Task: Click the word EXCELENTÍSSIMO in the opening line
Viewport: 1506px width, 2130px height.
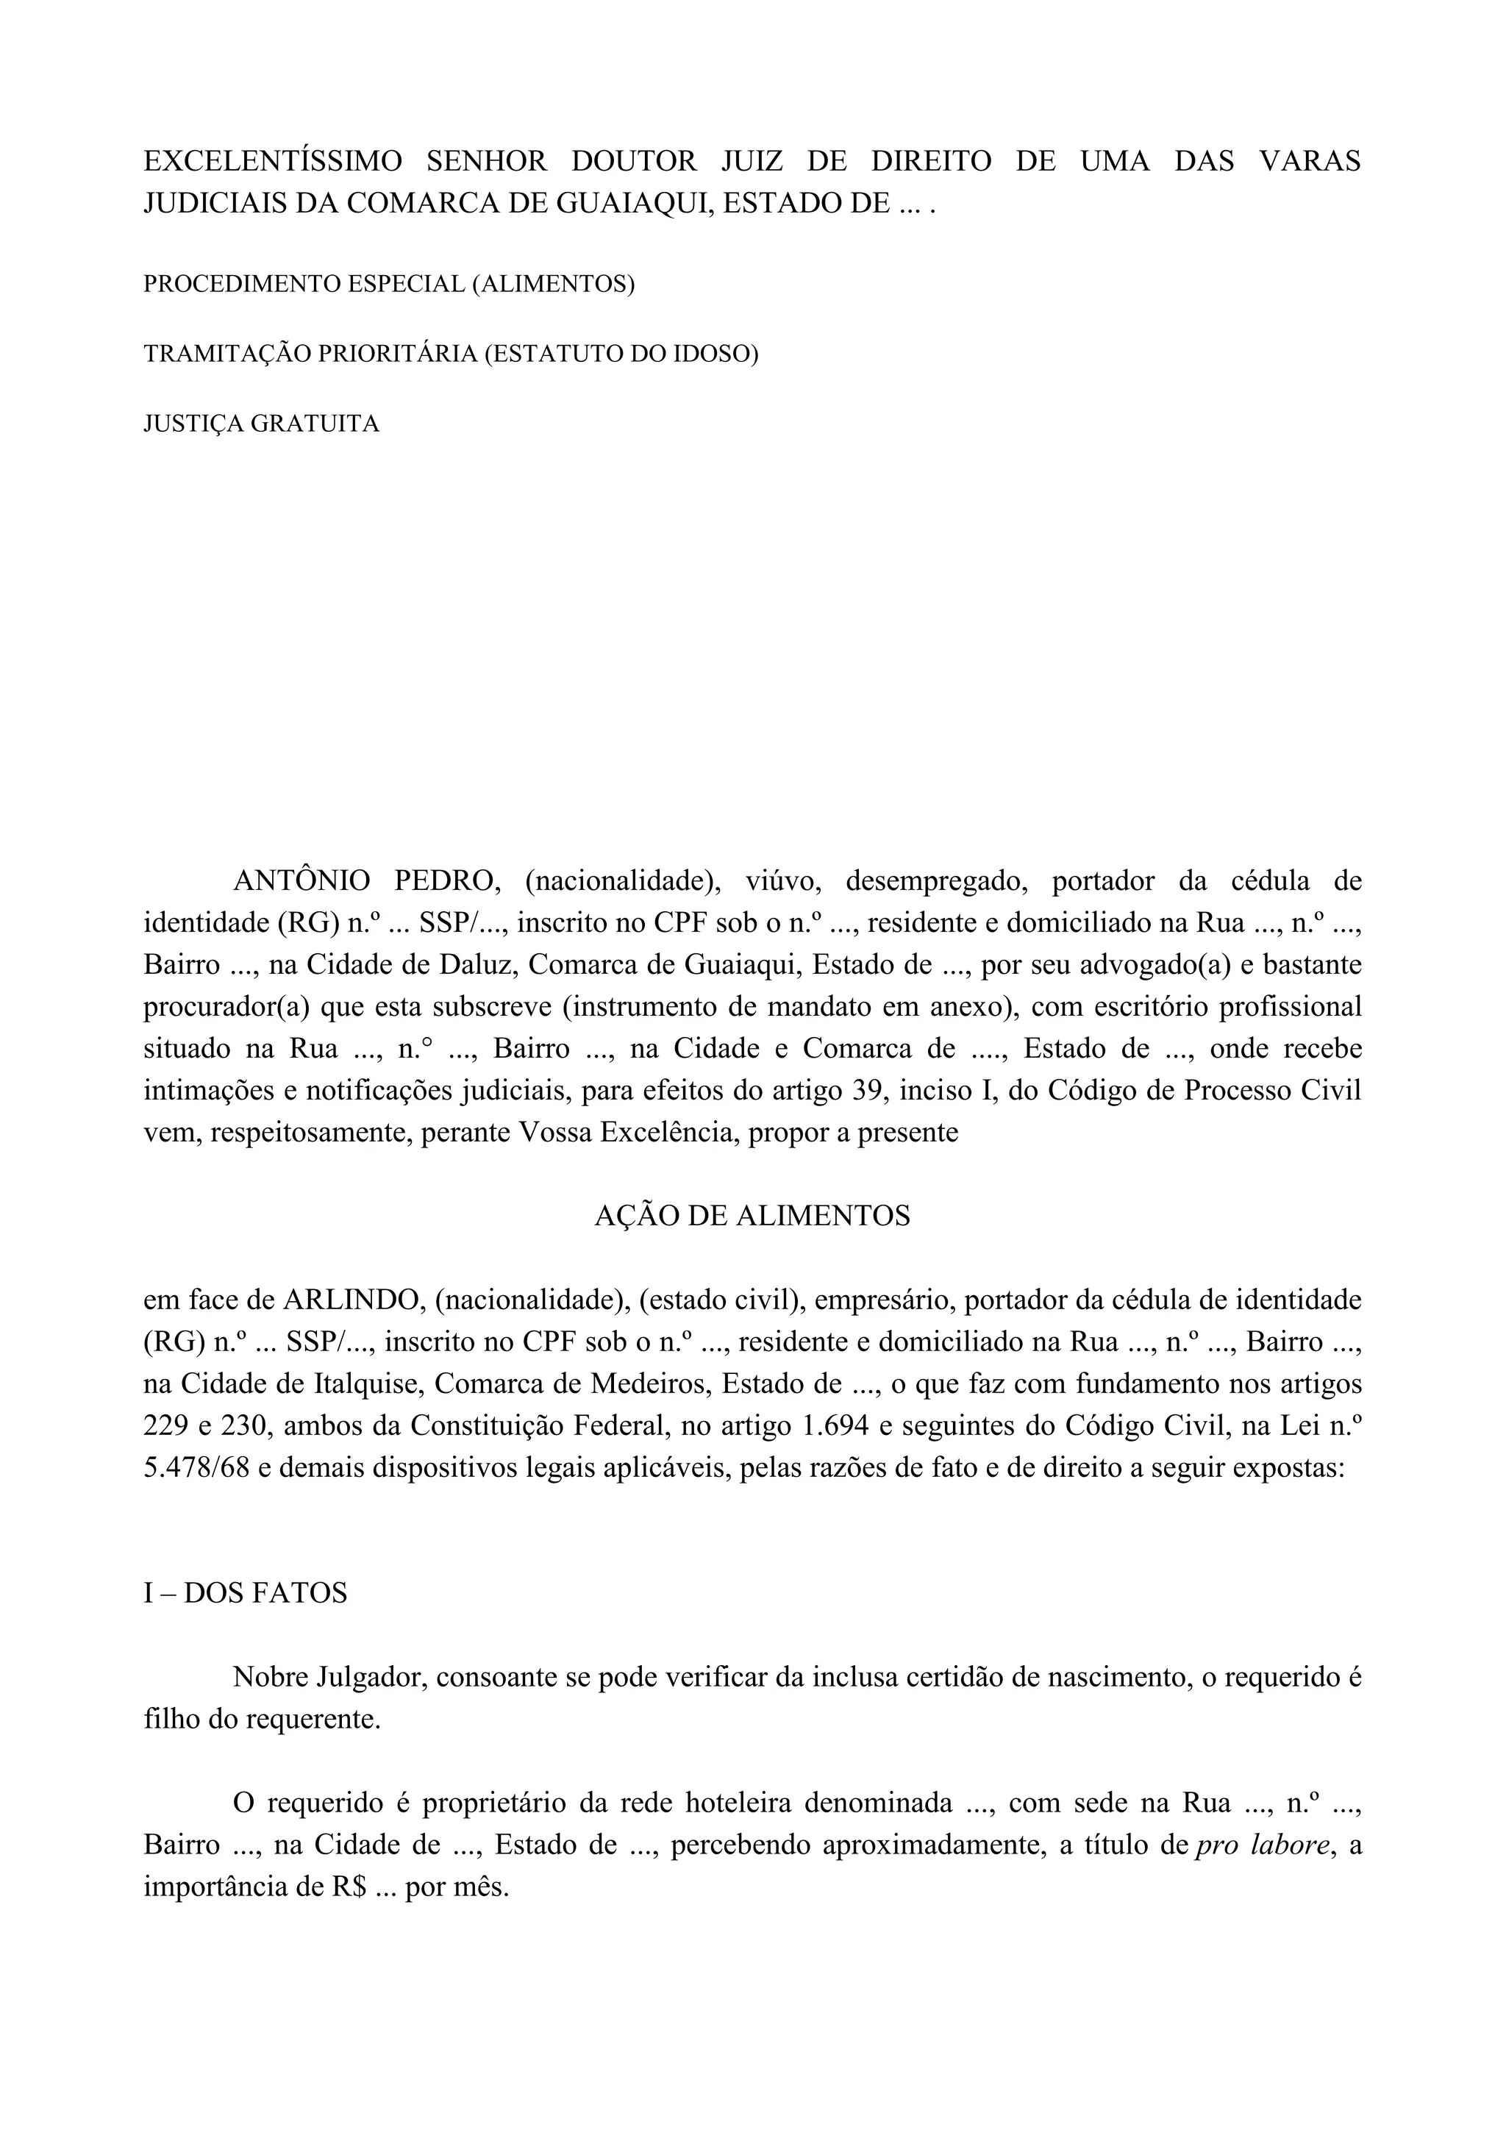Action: point(273,161)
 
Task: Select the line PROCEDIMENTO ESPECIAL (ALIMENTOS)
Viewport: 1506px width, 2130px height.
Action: point(388,284)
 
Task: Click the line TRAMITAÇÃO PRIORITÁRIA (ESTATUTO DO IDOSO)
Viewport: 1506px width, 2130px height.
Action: point(451,355)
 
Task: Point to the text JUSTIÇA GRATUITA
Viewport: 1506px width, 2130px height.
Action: point(262,424)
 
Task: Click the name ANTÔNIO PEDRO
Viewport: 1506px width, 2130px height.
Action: point(366,880)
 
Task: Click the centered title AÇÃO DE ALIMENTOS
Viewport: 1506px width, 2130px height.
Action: point(752,1217)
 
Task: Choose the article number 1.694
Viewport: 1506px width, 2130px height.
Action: point(832,1426)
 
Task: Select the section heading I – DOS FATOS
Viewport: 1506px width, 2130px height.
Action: point(245,1593)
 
